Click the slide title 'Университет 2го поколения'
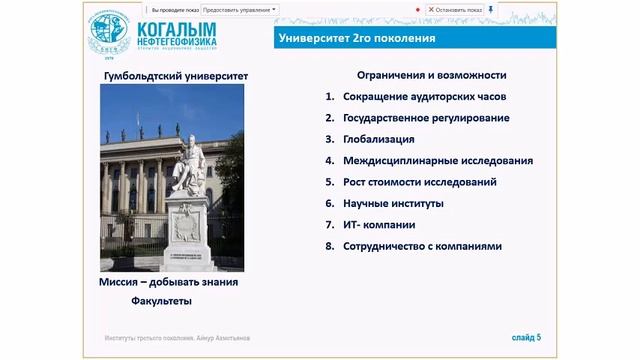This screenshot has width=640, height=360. [355, 39]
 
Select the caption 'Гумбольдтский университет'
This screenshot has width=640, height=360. [176, 76]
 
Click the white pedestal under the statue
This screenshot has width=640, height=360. [189, 232]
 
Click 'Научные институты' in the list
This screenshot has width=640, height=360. [391, 203]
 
